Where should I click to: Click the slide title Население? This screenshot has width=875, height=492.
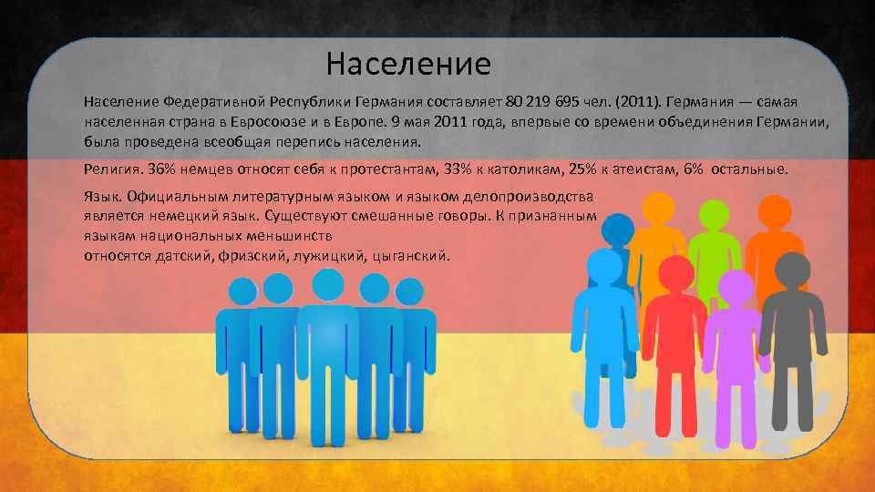point(408,64)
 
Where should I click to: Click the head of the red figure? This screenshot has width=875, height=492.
point(674,272)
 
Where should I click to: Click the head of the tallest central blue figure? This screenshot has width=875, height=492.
point(328,285)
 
